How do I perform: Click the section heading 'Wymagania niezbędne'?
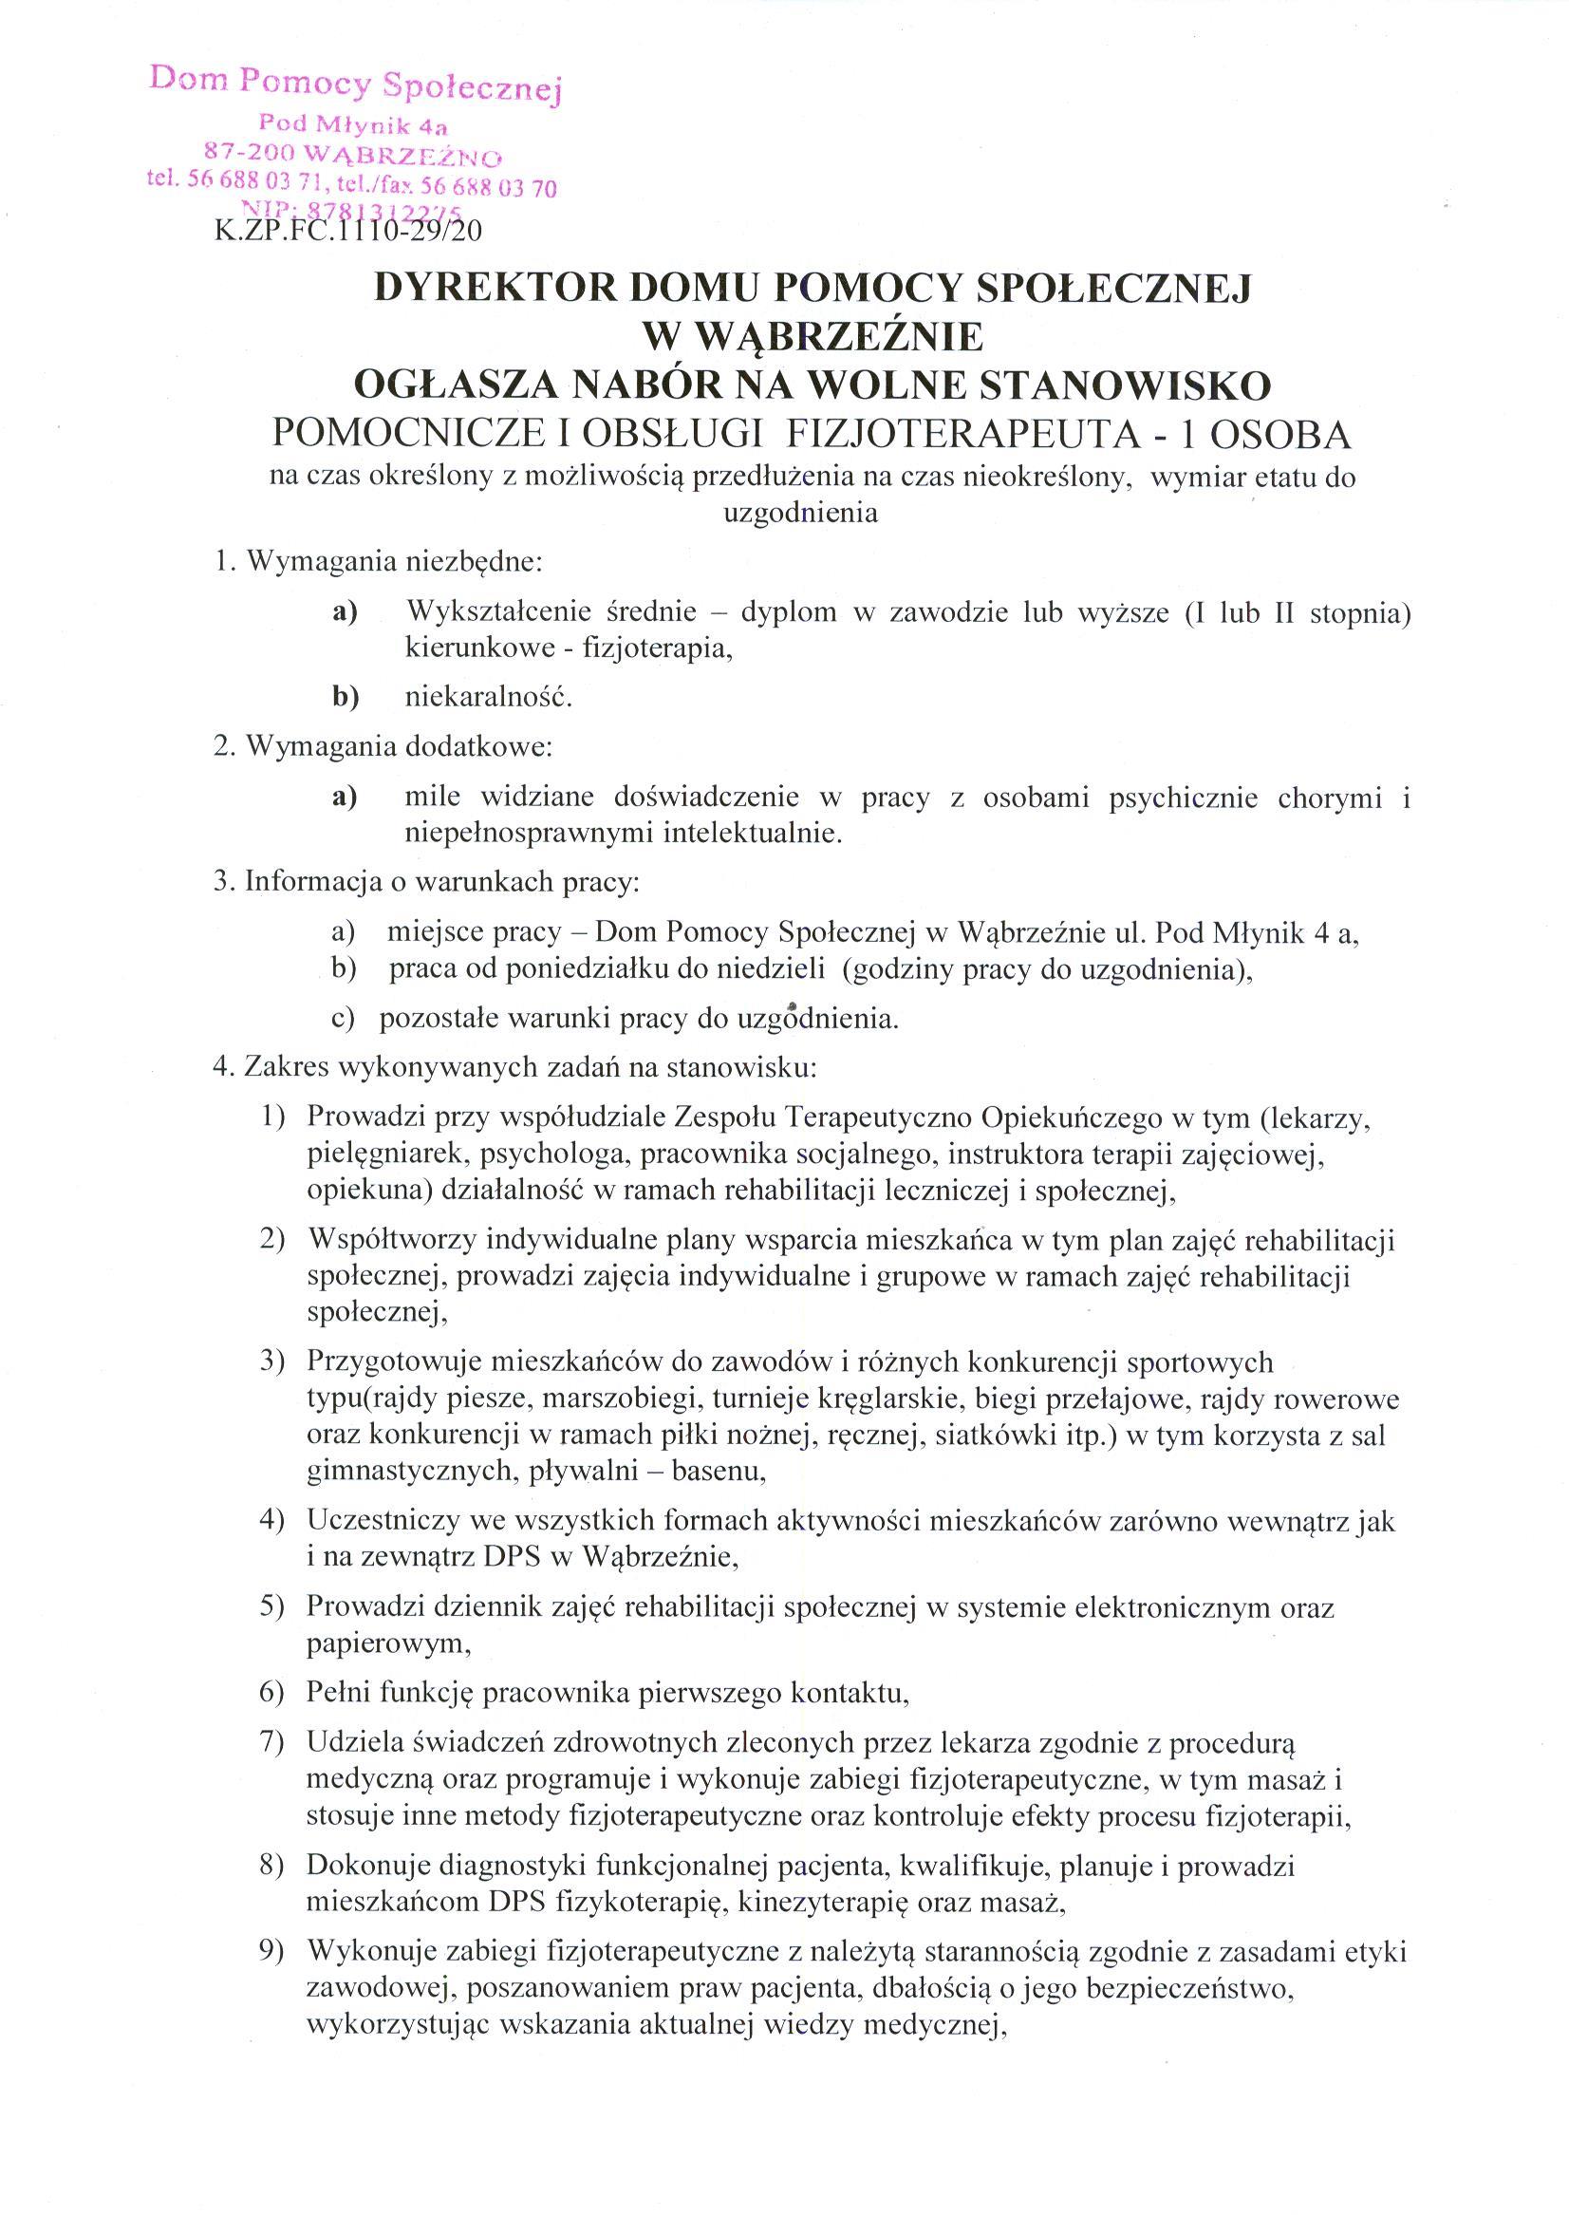[394, 560]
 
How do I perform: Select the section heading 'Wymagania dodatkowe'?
[398, 746]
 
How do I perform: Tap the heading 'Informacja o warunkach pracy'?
[442, 881]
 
